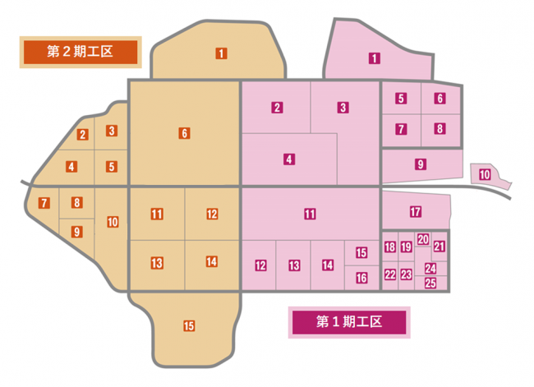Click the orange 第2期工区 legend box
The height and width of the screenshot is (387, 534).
click(81, 52)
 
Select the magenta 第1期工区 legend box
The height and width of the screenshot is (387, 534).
click(349, 321)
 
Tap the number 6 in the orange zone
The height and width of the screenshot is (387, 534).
click(184, 133)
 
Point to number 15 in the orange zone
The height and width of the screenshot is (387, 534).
click(189, 326)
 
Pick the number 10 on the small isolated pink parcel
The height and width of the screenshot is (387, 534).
click(485, 174)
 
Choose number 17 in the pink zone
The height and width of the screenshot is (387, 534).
click(415, 212)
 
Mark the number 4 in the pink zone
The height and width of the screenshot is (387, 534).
click(289, 159)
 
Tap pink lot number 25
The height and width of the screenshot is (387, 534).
click(430, 283)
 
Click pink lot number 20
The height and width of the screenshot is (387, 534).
click(422, 239)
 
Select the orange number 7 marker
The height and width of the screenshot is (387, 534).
click(44, 202)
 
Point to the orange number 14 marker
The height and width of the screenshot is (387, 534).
click(212, 262)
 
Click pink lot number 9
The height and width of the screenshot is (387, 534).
click(421, 164)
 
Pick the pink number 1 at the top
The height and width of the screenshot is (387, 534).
click(374, 58)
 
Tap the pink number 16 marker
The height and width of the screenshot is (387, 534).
click(361, 278)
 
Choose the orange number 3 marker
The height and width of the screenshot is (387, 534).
click(112, 130)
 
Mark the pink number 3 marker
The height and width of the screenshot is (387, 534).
click(343, 107)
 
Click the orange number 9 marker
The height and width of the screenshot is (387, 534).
click(76, 232)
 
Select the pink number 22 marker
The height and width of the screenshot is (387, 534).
click(390, 274)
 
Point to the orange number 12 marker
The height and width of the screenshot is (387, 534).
click(212, 214)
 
